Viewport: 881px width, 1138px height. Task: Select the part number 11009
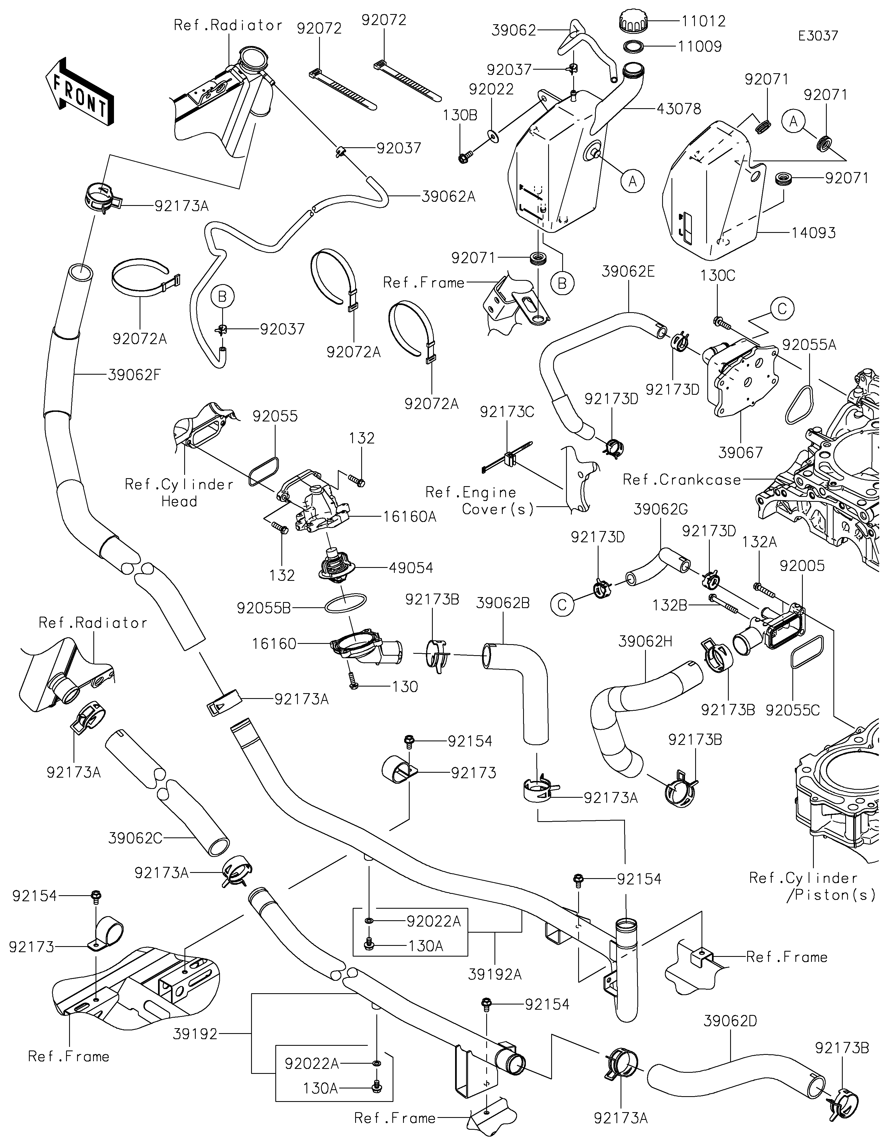700,46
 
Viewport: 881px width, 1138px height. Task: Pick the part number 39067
740,452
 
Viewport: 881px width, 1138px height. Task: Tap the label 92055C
792,710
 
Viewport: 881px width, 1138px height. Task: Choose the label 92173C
507,412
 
